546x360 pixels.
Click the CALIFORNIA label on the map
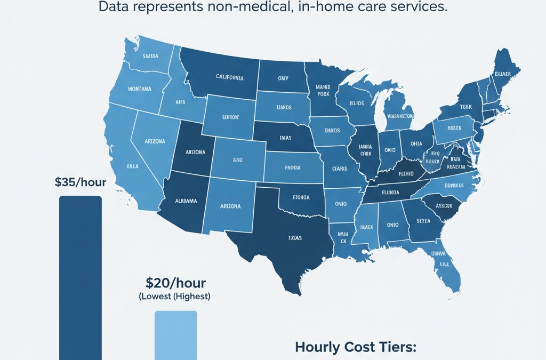pos(222,78)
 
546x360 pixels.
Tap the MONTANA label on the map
pos(140,89)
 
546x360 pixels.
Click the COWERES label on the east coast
pos(453,186)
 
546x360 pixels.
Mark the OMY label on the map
pos(283,78)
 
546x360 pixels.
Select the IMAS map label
pos(285,138)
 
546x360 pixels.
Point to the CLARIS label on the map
pos(339,169)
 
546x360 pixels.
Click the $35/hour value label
pos(81,182)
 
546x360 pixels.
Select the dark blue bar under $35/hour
pos(80,277)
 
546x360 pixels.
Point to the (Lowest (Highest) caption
pos(174,296)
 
